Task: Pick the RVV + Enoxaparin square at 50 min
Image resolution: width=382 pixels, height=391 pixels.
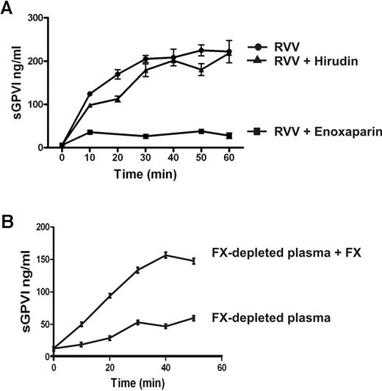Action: point(200,131)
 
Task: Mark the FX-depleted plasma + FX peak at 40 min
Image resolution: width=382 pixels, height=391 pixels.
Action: point(166,255)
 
